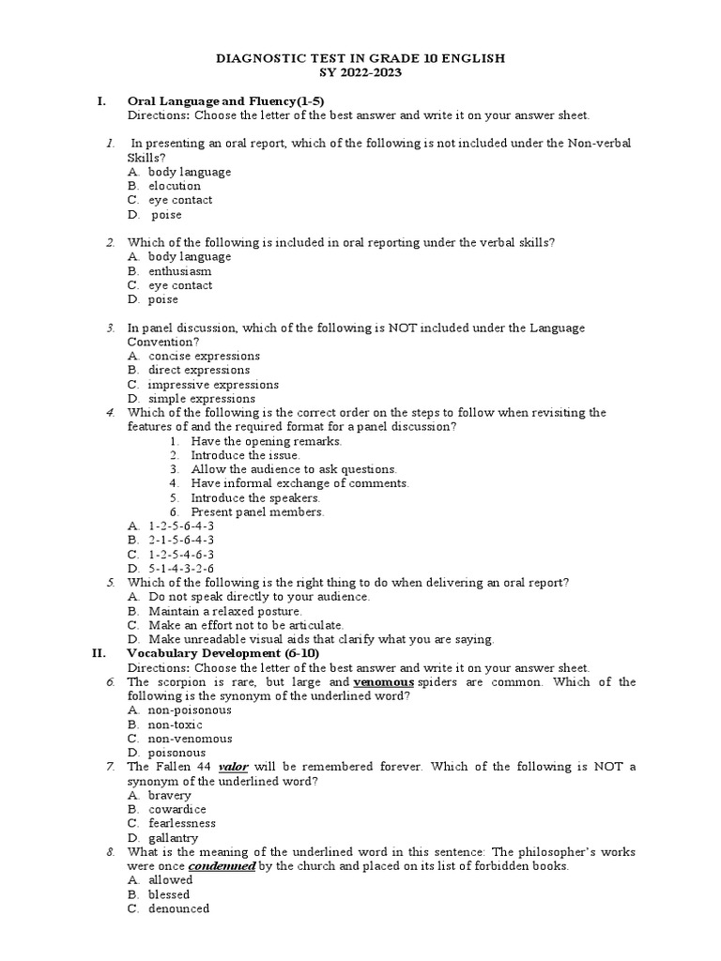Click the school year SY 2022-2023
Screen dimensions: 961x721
coord(360,72)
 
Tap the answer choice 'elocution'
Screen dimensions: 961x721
coord(175,186)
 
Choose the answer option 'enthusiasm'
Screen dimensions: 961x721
coord(179,271)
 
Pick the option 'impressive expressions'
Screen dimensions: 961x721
coord(213,385)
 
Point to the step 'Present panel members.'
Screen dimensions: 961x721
coord(257,512)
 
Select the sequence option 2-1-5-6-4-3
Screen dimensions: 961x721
coord(181,541)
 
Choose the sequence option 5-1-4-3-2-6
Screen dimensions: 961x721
coord(181,569)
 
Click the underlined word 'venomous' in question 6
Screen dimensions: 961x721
coord(383,682)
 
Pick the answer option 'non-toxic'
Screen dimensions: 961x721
coord(175,725)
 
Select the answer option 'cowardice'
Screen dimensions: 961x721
coord(176,810)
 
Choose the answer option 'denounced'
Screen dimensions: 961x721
coord(178,909)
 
